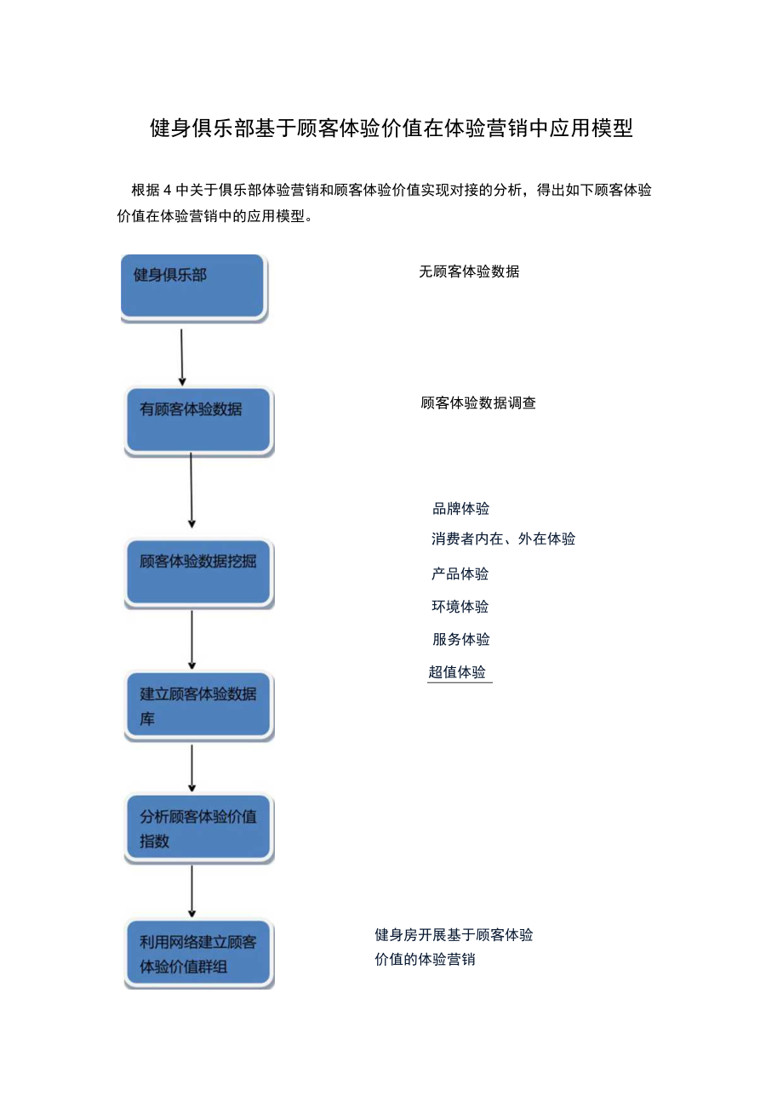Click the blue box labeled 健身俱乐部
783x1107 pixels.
pyautogui.click(x=193, y=287)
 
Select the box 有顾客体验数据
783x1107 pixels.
pyautogui.click(x=198, y=420)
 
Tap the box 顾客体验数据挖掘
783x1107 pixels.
pyautogui.click(x=198, y=572)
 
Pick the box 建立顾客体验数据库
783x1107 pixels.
pyautogui.click(x=198, y=705)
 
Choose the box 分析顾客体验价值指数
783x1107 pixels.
pyautogui.click(x=198, y=828)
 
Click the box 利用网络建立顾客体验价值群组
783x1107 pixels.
pyautogui.click(x=198, y=953)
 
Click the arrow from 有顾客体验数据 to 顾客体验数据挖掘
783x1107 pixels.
pyautogui.click(x=191, y=491)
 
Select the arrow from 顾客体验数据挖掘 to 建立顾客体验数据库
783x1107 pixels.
pyautogui.click(x=191, y=639)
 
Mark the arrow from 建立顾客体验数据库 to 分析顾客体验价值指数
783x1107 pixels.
pyautogui.click(x=191, y=767)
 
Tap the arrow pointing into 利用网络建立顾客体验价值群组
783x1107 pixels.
pyautogui.click(x=191, y=891)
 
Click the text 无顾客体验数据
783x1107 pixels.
pyautogui.click(x=469, y=272)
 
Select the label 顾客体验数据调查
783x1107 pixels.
pyautogui.click(x=478, y=403)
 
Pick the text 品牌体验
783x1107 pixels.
pyautogui.click(x=461, y=509)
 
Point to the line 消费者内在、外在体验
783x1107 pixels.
pyautogui.click(x=503, y=539)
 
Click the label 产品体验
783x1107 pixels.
pyautogui.click(x=460, y=573)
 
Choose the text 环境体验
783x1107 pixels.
pyautogui.click(x=460, y=607)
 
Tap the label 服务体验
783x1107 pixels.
pyautogui.click(x=461, y=639)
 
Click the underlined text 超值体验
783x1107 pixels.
pyautogui.click(x=458, y=672)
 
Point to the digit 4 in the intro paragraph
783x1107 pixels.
pyautogui.click(x=167, y=190)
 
